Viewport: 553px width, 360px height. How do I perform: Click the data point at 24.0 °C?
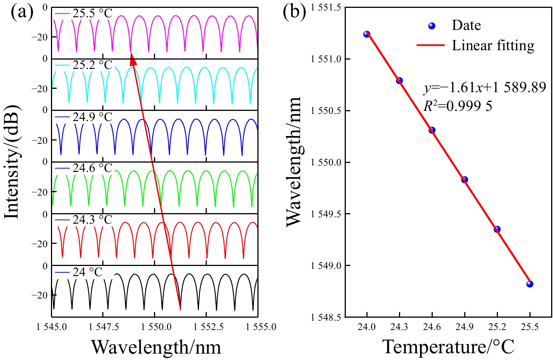click(x=367, y=34)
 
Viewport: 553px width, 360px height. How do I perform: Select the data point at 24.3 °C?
click(x=399, y=81)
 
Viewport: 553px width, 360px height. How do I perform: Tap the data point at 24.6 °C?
click(x=432, y=130)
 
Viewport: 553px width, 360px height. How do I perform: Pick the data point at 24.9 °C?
click(x=465, y=180)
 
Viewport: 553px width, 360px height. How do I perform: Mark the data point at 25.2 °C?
click(x=497, y=229)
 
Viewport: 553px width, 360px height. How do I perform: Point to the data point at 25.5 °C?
click(x=530, y=284)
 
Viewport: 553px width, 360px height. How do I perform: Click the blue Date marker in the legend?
click(x=432, y=26)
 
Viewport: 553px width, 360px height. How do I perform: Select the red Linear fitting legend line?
click(x=430, y=45)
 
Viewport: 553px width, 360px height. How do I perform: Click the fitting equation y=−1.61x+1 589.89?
click(x=485, y=88)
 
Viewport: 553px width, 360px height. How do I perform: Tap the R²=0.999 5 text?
click(x=458, y=106)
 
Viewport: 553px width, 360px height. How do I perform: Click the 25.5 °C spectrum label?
click(x=92, y=13)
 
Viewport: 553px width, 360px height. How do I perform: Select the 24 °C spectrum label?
click(x=87, y=272)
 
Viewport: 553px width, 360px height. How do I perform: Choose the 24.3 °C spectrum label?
click(x=92, y=220)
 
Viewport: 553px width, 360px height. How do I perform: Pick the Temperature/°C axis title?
click(x=448, y=347)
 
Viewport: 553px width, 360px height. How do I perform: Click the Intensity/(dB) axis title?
click(x=12, y=162)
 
